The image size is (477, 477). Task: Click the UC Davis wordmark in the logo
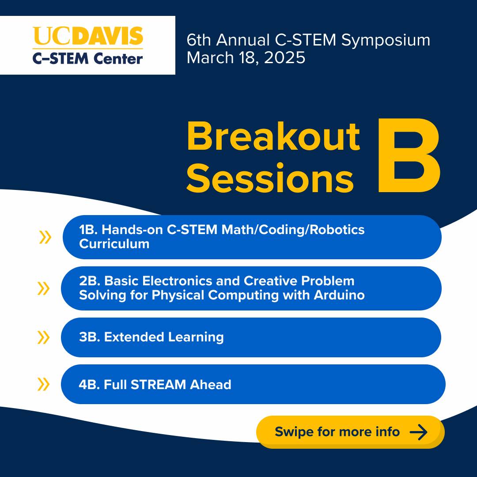point(87,36)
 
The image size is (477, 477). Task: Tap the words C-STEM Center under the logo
point(87,58)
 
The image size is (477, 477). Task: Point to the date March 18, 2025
point(246,58)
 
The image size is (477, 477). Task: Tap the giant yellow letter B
point(409,155)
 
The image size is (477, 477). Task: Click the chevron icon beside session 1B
point(45,237)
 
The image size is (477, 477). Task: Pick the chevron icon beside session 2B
point(43,288)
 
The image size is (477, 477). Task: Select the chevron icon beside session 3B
point(43,337)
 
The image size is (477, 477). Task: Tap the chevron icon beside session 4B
point(43,384)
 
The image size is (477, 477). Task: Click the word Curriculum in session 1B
point(114,244)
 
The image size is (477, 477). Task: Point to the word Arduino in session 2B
point(339,295)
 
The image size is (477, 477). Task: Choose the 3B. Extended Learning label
point(151,337)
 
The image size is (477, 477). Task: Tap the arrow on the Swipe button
point(419,432)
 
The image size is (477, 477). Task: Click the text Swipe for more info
point(337,432)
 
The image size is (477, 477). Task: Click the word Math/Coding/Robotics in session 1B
point(293,230)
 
